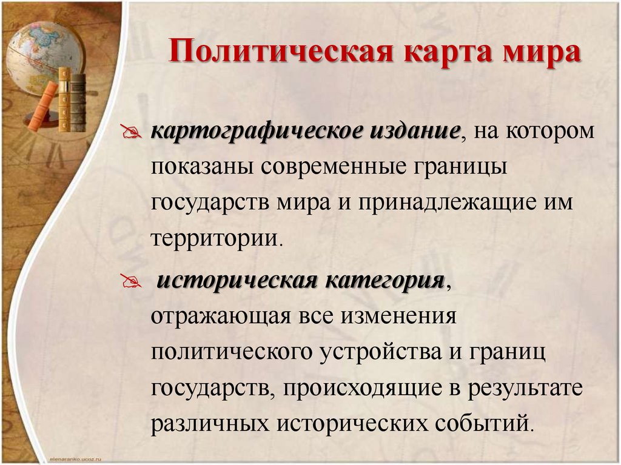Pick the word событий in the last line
click(x=486, y=423)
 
